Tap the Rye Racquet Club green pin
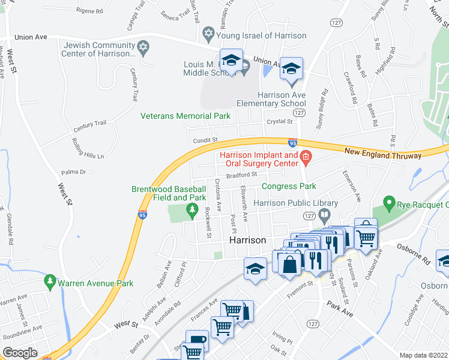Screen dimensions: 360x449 pos(389,204)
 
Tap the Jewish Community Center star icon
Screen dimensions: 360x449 pos(143,46)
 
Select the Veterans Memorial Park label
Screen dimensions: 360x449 pos(185,116)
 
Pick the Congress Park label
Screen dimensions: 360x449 pos(288,187)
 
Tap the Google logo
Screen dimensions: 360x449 pos(20,353)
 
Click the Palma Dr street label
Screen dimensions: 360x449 pos(74,172)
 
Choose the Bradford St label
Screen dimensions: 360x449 pos(241,175)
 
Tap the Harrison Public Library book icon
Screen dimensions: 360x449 pos(325,215)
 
